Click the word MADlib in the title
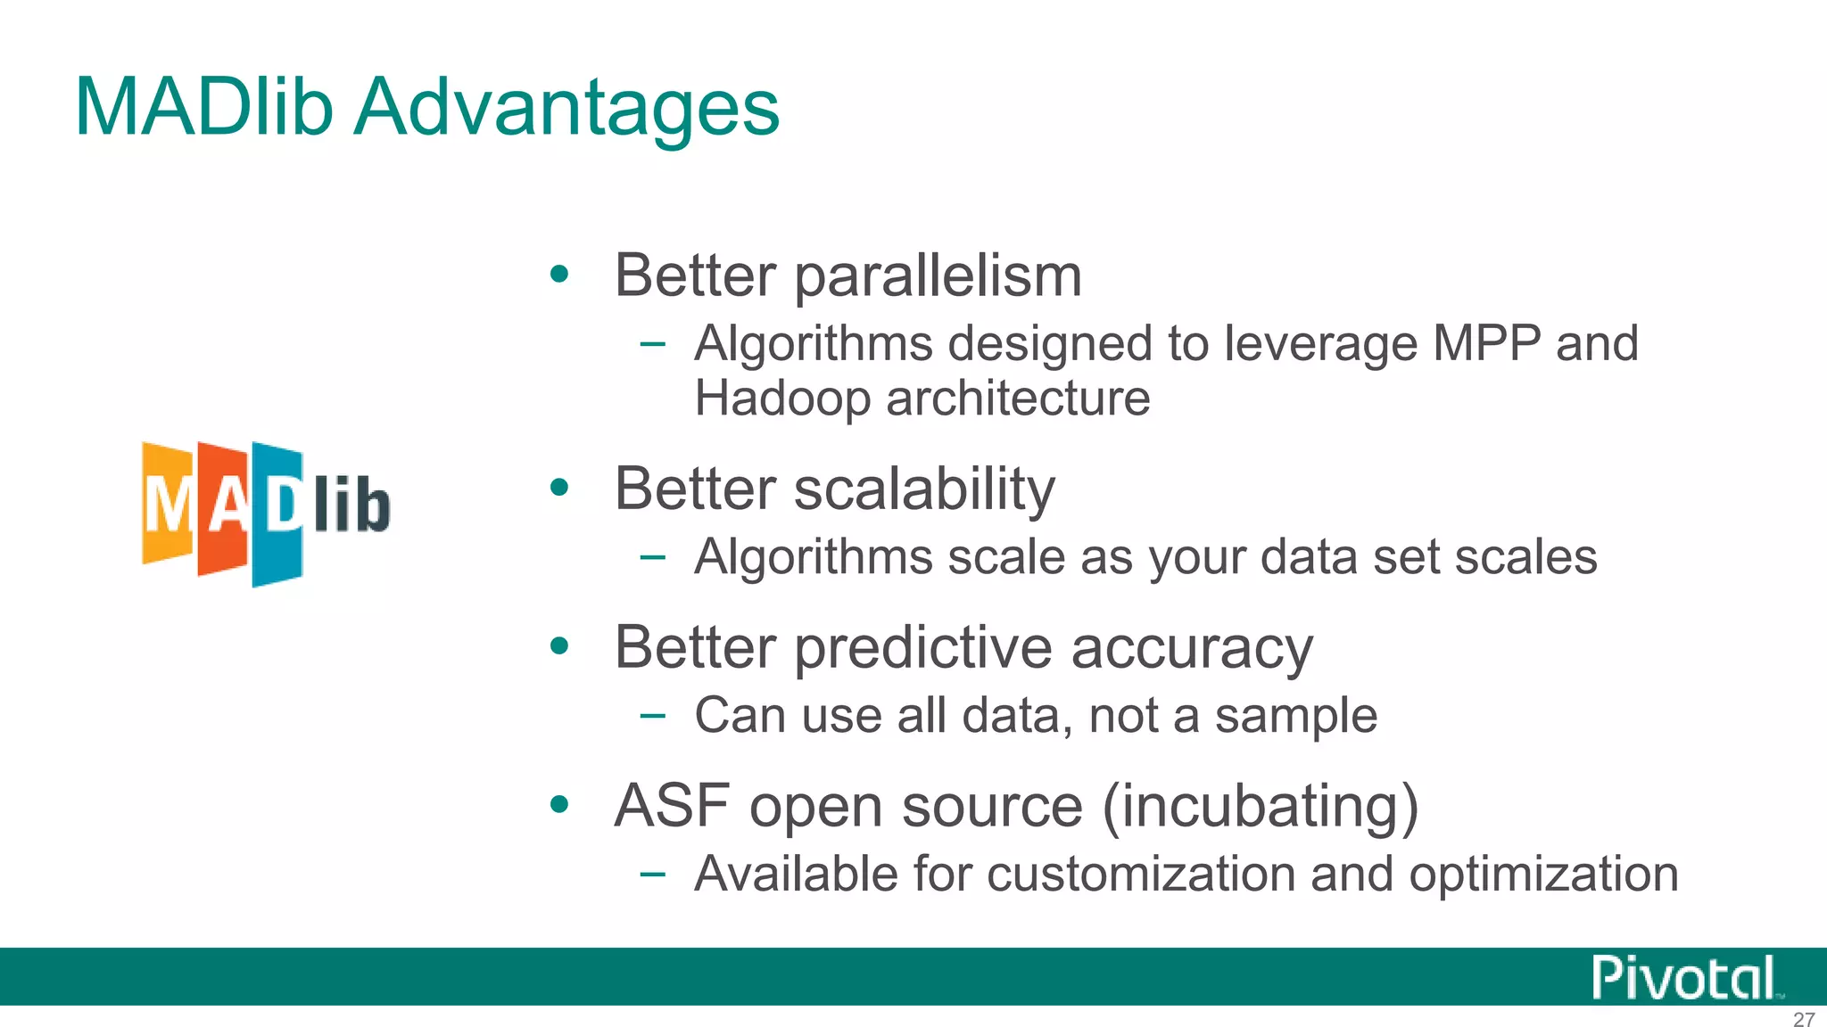[x=204, y=107]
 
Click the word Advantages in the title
[x=567, y=109]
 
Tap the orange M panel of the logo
[x=167, y=504]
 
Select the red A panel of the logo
[x=223, y=508]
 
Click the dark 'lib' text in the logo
[x=351, y=505]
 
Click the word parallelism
[x=938, y=276]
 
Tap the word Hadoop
[x=782, y=398]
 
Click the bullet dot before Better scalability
[x=559, y=487]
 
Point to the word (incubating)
[x=1260, y=806]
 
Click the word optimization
[x=1543, y=874]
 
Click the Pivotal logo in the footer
[x=1683, y=978]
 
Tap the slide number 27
[x=1803, y=1019]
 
